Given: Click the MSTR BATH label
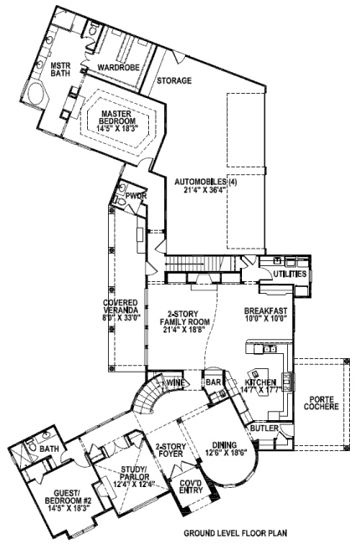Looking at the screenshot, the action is click(60, 69).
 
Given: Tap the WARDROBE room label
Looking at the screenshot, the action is click(118, 67).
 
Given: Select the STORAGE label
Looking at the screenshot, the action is click(174, 80).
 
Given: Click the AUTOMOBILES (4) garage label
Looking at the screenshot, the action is click(205, 182).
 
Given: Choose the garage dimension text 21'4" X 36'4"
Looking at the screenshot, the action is click(204, 189).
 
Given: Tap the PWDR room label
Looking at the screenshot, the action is click(136, 197).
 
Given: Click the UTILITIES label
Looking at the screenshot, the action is click(290, 274).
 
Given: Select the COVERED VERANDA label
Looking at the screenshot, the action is click(121, 306).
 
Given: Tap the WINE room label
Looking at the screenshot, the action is click(177, 382).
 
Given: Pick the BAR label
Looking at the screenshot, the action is click(213, 382).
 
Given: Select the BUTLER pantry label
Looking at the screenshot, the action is click(265, 429).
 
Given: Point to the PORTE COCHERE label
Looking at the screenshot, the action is click(321, 403).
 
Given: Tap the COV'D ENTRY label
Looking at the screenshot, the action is click(191, 486).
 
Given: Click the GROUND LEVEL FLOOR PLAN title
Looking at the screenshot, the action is click(235, 532).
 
